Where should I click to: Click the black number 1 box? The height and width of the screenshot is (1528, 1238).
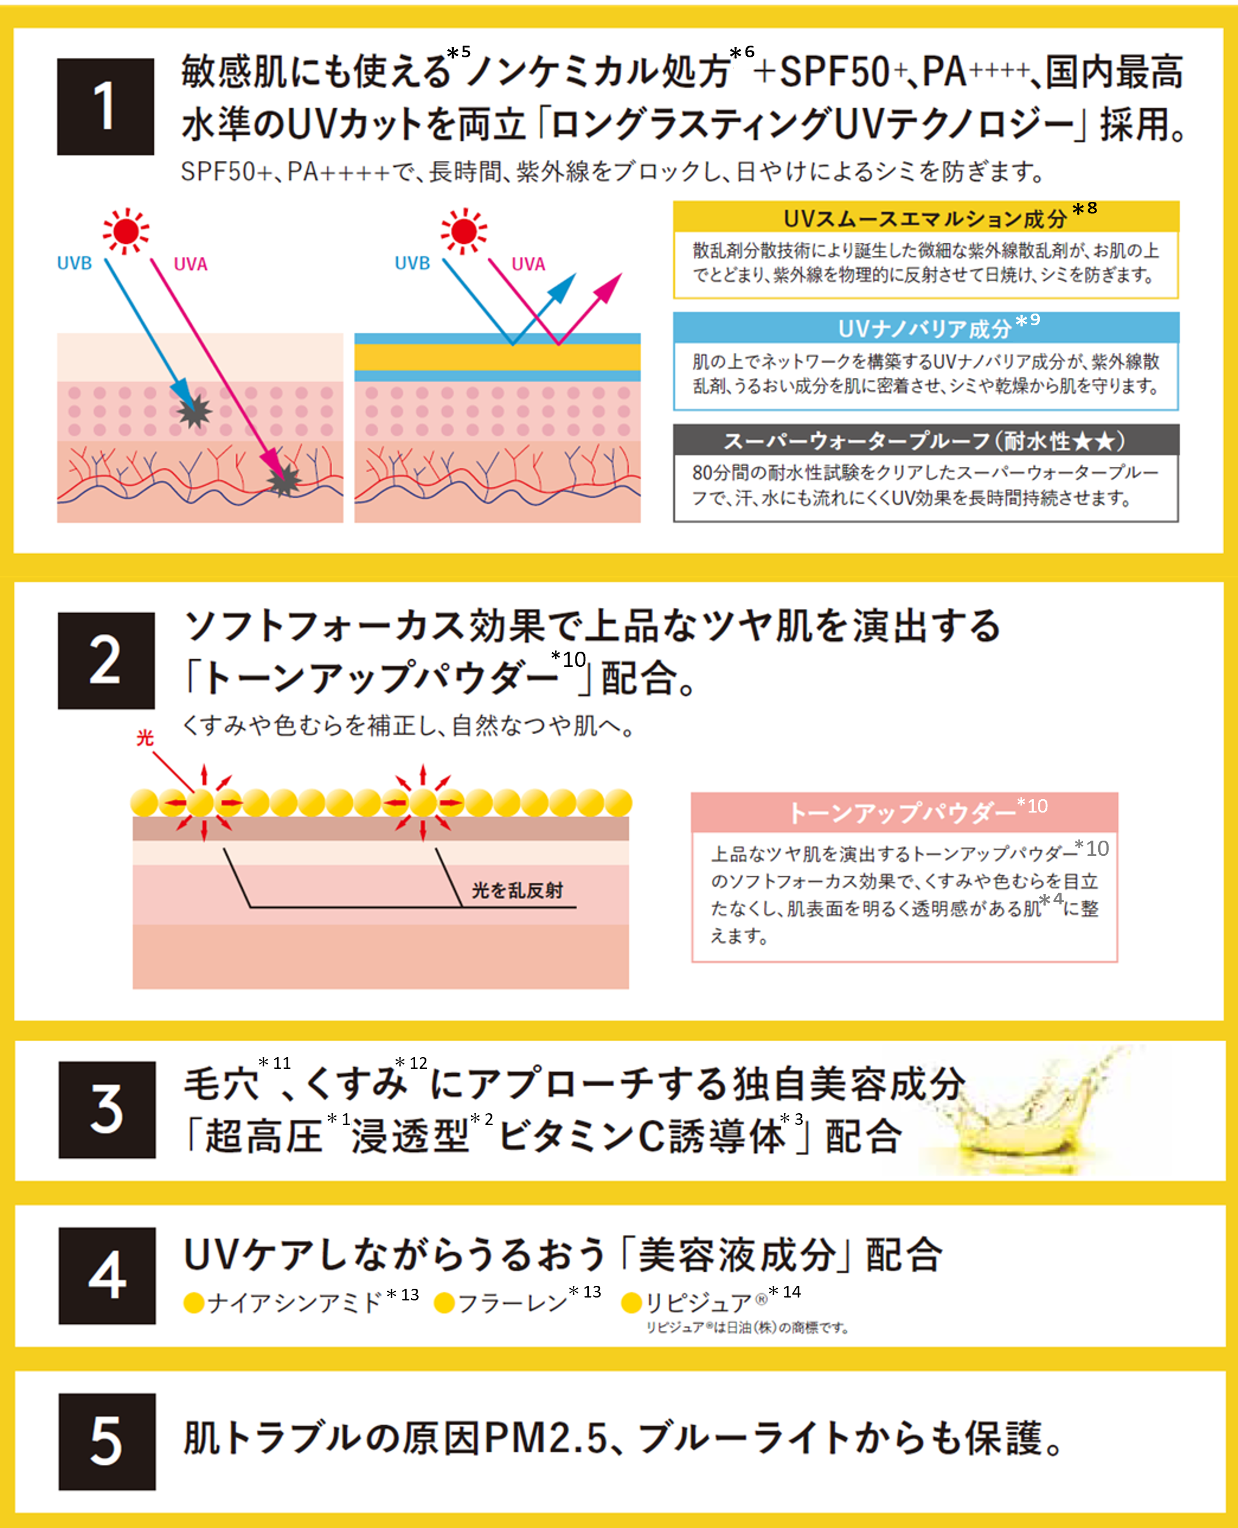point(105,107)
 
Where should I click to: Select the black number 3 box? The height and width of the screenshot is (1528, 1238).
point(107,1109)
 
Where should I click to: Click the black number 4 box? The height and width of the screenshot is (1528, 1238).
point(107,1275)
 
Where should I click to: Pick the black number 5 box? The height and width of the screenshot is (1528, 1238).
point(107,1441)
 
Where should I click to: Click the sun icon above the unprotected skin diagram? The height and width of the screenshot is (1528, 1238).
point(126,231)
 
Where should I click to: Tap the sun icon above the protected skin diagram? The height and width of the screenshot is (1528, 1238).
point(464,231)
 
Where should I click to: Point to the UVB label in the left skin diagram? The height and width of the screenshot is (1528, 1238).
point(74,263)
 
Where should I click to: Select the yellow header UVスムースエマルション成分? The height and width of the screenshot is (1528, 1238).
point(926,217)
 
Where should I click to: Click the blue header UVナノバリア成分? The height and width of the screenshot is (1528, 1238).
point(926,328)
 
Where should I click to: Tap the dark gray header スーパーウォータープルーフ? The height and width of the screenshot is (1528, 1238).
point(926,440)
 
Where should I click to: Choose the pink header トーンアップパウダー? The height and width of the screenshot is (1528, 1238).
point(904,812)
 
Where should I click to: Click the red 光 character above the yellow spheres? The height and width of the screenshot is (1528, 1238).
point(146,738)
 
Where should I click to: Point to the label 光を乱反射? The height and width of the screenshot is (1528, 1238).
point(517,890)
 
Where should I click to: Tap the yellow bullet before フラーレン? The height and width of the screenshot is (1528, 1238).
point(444,1303)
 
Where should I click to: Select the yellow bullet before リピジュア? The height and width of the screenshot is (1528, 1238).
point(632,1303)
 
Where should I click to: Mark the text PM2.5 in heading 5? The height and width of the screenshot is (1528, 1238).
point(546,1438)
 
